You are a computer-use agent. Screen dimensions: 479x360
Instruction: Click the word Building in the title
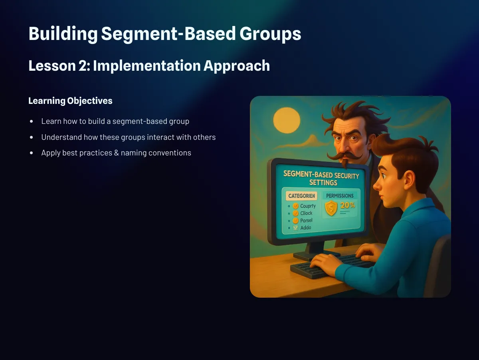point(63,34)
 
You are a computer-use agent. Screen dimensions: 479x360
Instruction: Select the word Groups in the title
point(270,34)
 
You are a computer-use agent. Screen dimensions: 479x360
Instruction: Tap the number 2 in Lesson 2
point(83,66)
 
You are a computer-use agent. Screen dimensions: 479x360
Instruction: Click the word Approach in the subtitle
point(237,66)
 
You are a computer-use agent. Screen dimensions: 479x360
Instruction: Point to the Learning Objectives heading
point(70,101)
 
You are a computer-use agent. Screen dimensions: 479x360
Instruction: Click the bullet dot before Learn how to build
point(32,121)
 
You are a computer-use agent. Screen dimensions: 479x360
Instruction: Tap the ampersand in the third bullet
point(117,153)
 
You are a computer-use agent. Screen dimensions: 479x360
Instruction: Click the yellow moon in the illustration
point(287,120)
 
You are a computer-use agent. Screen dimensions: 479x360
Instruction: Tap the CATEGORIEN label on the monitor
point(301,196)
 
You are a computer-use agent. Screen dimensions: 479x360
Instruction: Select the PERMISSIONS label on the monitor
point(340,196)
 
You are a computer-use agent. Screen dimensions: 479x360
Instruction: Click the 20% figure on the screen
point(347,205)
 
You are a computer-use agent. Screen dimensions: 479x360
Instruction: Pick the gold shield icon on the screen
point(331,208)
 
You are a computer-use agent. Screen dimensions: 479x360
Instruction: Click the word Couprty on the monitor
point(308,206)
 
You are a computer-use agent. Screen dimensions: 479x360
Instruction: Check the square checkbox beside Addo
point(295,228)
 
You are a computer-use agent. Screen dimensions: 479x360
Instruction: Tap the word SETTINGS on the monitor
point(323,183)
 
